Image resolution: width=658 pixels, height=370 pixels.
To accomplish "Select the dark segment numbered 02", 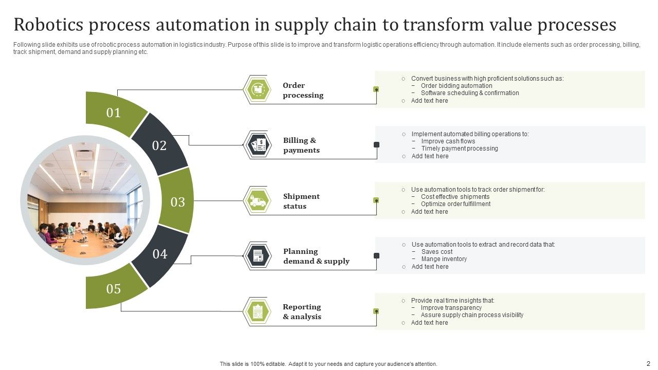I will click(x=159, y=145).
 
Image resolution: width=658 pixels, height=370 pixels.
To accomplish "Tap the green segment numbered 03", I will click(x=177, y=202).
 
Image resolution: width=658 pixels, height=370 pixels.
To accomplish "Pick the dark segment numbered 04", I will click(x=160, y=254).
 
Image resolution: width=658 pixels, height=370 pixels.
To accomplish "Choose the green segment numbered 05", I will click(x=114, y=289).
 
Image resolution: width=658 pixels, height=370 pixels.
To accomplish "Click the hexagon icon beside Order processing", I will click(x=258, y=89).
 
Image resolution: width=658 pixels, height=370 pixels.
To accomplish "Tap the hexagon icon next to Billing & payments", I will click(x=258, y=145).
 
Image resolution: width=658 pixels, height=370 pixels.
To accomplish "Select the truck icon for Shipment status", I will click(x=258, y=200).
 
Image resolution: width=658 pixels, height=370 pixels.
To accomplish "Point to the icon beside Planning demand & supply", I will click(x=258, y=255).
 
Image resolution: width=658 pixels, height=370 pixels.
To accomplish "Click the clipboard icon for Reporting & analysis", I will click(x=258, y=311).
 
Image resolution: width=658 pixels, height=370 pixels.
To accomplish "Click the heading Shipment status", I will click(x=301, y=201).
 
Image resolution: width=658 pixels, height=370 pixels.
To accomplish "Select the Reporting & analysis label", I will click(x=302, y=311).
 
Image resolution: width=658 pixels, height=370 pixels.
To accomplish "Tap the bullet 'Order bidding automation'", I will click(x=456, y=86).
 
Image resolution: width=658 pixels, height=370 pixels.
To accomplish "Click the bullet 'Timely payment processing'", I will click(x=460, y=149).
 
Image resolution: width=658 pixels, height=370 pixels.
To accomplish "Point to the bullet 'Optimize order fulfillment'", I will click(x=455, y=204).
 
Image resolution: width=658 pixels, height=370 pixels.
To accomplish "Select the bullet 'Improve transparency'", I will click(x=451, y=308).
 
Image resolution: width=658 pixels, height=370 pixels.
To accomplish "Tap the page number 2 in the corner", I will click(x=648, y=363).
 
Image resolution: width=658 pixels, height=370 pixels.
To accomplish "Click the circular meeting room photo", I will click(x=85, y=200).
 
